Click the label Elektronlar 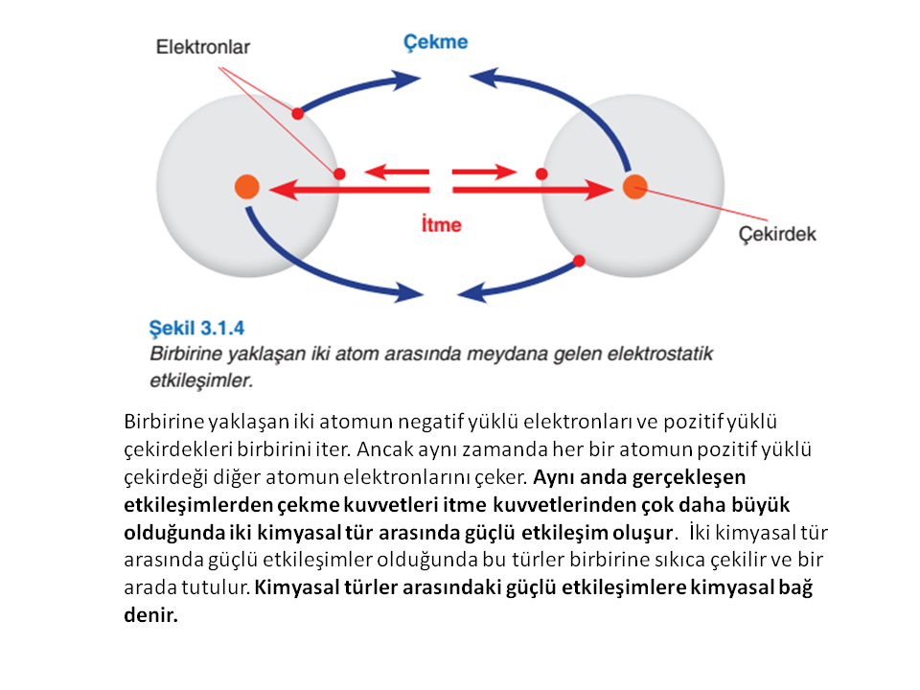(x=203, y=47)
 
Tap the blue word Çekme (x=435, y=42)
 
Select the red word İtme (x=441, y=224)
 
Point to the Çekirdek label (x=777, y=234)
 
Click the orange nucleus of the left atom (x=247, y=187)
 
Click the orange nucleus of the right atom (x=634, y=187)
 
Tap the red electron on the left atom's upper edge (x=297, y=113)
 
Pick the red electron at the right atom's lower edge (x=579, y=261)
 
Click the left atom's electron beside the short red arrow (x=339, y=173)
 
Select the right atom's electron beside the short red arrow (x=541, y=173)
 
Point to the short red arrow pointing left (x=397, y=172)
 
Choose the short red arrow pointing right (x=485, y=172)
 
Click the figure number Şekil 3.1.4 (x=196, y=328)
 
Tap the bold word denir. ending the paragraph (x=150, y=614)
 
